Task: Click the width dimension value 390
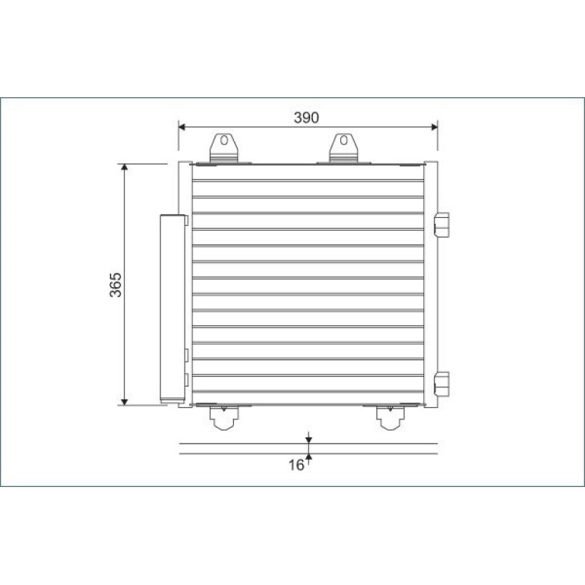[306, 118]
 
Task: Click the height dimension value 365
[115, 285]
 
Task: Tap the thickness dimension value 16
[296, 465]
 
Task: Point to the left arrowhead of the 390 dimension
[182, 127]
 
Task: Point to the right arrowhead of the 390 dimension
[435, 127]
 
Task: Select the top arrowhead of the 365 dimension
[125, 167]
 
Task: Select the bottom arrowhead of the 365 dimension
[125, 402]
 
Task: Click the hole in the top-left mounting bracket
[224, 141]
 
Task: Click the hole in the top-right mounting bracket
[343, 141]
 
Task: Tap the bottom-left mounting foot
[224, 418]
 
